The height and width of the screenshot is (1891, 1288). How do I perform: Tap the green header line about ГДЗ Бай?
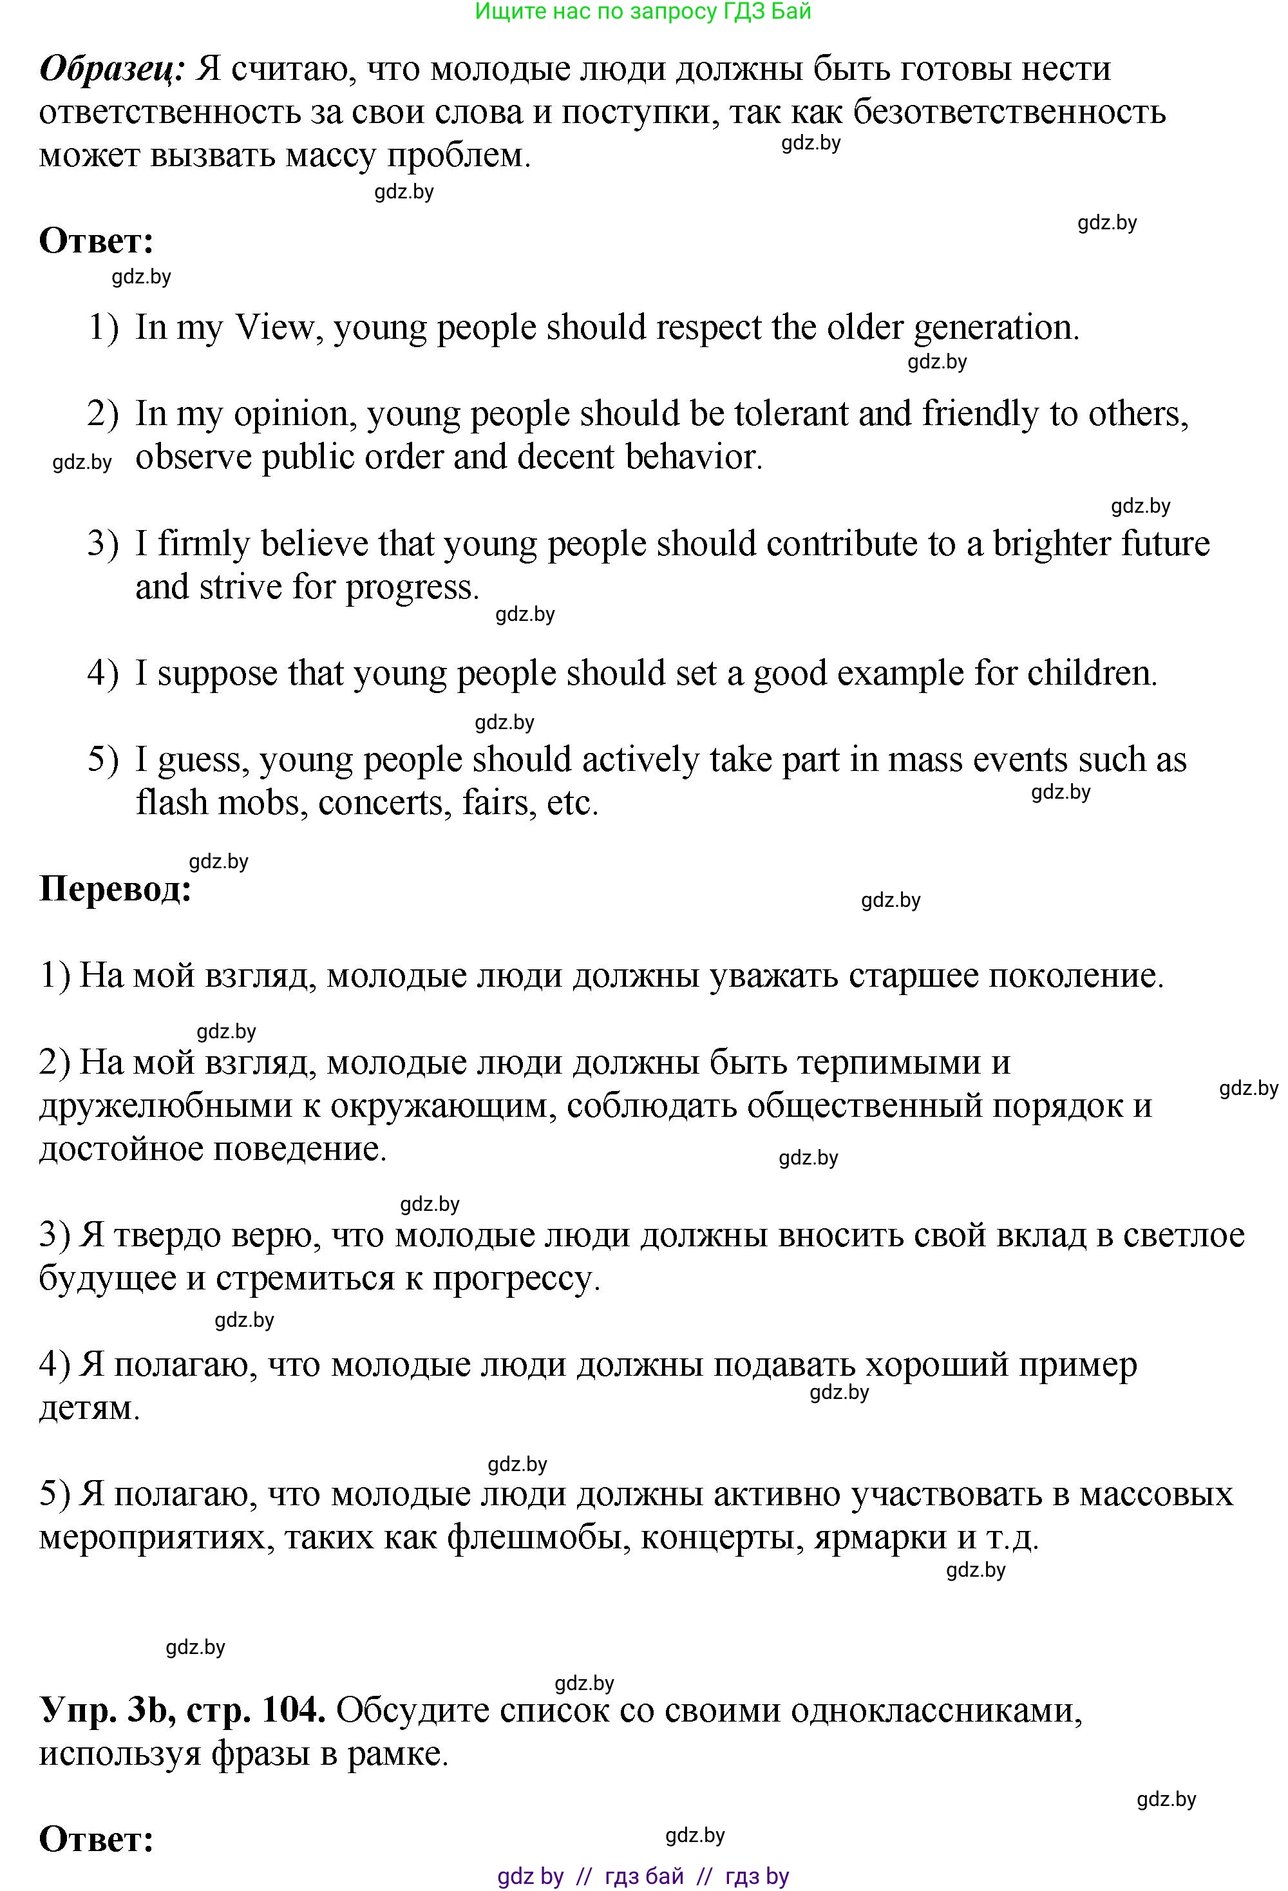tap(643, 12)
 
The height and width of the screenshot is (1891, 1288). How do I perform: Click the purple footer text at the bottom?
tap(643, 1876)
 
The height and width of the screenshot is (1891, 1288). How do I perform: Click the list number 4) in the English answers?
tap(103, 674)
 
